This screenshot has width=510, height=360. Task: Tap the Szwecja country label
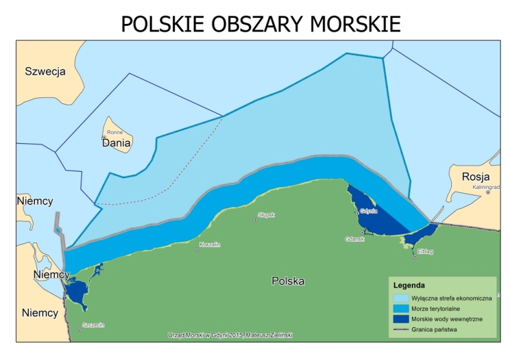coord(45,72)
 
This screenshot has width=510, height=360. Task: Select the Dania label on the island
coord(116,143)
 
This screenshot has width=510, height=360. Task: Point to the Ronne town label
coord(114,132)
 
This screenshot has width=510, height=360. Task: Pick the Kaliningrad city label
coord(483,186)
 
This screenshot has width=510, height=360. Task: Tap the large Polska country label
coord(288,281)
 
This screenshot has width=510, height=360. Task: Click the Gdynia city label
coord(369,210)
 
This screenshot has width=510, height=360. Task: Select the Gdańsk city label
coord(355,239)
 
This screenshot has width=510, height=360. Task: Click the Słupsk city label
coord(266,214)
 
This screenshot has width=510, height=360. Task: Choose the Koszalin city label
coord(210,245)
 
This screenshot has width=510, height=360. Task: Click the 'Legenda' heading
coord(409,285)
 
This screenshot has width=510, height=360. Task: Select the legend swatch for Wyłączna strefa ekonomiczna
coord(401,298)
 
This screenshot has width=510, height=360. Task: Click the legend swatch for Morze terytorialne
coord(401,308)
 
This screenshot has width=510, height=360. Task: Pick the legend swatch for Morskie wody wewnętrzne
coord(401,319)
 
